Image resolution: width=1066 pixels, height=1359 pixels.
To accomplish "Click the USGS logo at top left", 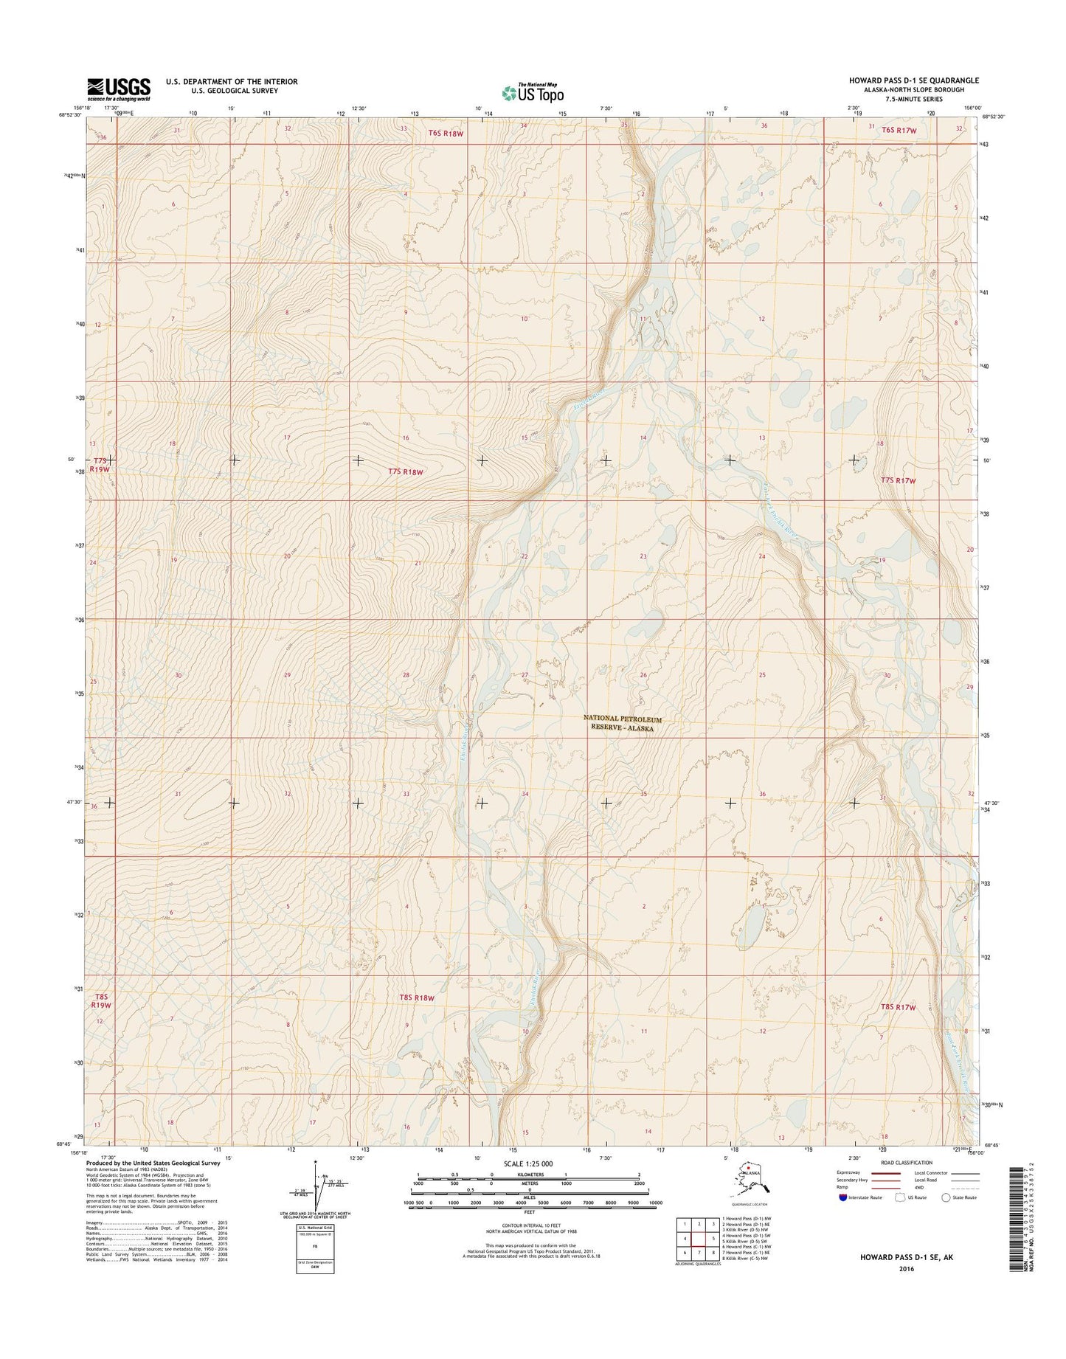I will click(x=119, y=89).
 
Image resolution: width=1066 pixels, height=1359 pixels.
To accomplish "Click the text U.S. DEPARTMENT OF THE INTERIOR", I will click(x=232, y=81).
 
